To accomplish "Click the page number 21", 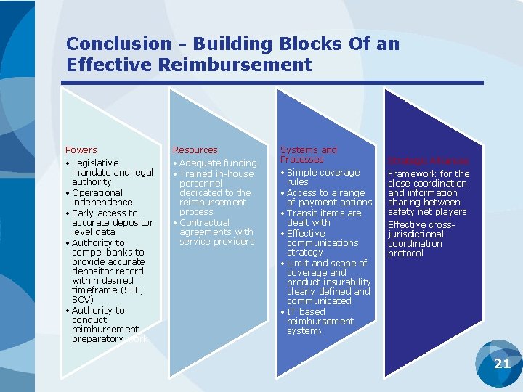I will [x=502, y=363].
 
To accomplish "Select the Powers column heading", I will [x=81, y=150].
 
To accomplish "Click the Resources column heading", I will [x=195, y=150].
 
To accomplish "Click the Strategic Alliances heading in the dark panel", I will [x=428, y=161].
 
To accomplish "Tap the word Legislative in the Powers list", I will [x=95, y=163].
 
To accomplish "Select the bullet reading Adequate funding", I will [x=217, y=163].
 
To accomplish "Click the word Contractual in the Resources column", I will [x=204, y=223].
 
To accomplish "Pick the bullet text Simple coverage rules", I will [x=323, y=177].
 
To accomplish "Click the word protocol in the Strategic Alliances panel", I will [x=405, y=253].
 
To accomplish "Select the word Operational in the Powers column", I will [x=97, y=193].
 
